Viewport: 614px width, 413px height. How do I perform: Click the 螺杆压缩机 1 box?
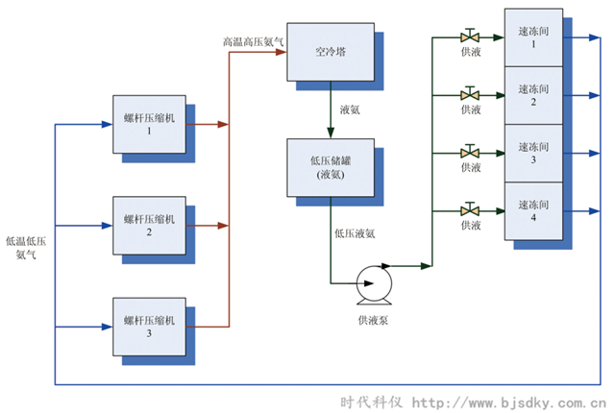[150, 124]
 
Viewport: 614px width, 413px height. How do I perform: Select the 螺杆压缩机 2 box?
[150, 226]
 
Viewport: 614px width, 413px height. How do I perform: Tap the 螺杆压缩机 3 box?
[150, 327]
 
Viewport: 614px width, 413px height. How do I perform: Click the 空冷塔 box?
[330, 51]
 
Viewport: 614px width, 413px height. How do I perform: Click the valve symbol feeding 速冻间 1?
[470, 38]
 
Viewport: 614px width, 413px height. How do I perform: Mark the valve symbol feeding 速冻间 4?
[470, 209]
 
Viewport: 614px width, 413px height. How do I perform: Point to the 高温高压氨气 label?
[253, 42]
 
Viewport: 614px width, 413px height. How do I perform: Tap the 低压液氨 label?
[354, 231]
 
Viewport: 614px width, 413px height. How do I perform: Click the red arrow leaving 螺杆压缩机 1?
[207, 124]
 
